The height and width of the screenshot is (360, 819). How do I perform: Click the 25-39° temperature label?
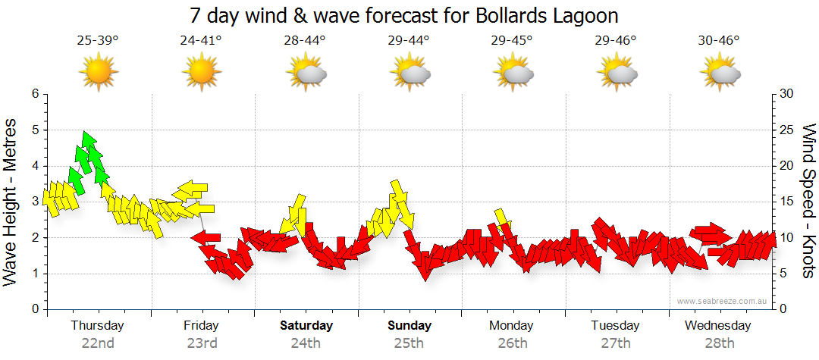(x=97, y=40)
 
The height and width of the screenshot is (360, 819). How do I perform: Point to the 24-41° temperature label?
(x=201, y=40)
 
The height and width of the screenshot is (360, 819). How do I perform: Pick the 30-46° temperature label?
(x=719, y=40)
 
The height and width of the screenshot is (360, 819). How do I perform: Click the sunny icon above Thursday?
(x=98, y=72)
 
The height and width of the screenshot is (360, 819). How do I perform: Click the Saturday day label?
(x=306, y=326)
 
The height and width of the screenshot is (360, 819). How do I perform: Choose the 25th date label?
(x=409, y=343)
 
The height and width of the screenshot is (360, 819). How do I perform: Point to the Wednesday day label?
(x=717, y=326)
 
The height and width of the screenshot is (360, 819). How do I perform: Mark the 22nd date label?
(x=98, y=343)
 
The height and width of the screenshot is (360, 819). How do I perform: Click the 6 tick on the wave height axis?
(x=34, y=94)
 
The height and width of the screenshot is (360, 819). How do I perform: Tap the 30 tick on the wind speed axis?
(x=788, y=94)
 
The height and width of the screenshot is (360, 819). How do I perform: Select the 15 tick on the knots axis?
(x=788, y=202)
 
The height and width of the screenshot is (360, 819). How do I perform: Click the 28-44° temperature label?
(x=306, y=40)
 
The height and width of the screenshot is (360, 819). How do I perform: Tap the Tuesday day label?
(x=615, y=326)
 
